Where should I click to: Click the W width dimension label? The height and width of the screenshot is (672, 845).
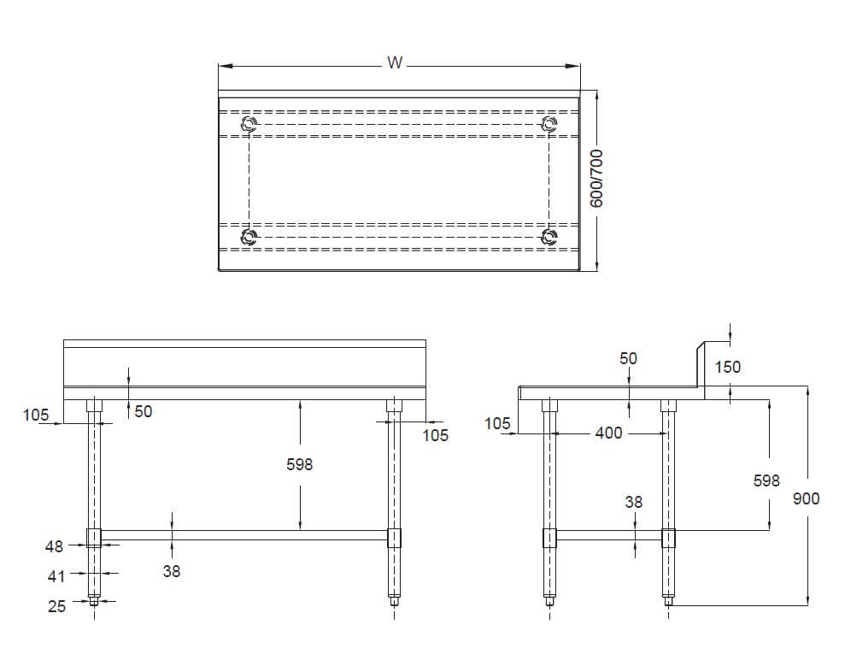point(394,62)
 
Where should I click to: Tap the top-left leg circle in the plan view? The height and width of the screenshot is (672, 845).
point(249,125)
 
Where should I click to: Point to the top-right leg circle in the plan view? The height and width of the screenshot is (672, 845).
point(549,125)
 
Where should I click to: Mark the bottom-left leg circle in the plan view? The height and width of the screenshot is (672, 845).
point(249,237)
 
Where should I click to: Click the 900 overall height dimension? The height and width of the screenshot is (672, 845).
point(806,498)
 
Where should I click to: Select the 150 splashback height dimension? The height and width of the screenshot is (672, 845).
point(728,367)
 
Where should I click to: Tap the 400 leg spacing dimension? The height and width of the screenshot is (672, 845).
point(608,433)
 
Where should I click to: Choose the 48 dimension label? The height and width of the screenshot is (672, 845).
point(56,545)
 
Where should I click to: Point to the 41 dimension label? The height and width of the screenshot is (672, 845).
point(56,576)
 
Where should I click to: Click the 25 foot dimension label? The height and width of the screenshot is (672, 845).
point(56,605)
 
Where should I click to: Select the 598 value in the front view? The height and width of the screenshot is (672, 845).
point(299,464)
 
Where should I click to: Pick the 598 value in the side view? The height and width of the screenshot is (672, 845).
point(766,480)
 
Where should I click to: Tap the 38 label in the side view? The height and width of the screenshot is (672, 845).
point(633,502)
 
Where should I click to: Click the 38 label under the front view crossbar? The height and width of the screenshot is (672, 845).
point(172,571)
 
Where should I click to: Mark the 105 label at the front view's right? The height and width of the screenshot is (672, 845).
point(436,435)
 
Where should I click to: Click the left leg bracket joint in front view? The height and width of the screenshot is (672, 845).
point(93,538)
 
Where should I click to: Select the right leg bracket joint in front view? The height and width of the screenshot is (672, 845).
point(394,538)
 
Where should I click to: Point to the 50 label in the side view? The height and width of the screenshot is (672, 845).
point(628,358)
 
